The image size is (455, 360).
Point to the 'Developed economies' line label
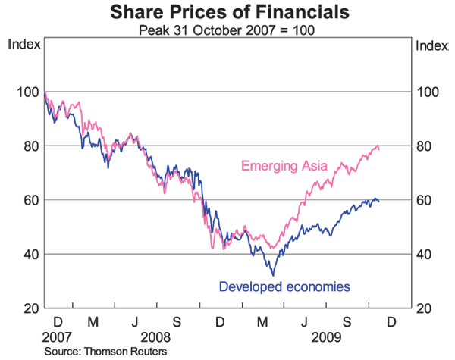click(x=284, y=287)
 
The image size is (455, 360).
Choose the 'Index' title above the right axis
click(x=432, y=44)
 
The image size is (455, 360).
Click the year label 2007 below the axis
click(x=57, y=336)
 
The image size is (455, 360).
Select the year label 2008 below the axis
click(x=155, y=336)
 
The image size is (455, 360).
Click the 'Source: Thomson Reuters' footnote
click(x=105, y=352)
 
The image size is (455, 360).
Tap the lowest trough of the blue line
click(x=273, y=275)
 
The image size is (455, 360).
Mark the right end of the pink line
click(x=379, y=147)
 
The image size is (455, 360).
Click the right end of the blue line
click(x=379, y=201)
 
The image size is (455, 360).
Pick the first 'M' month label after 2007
click(x=93, y=321)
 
